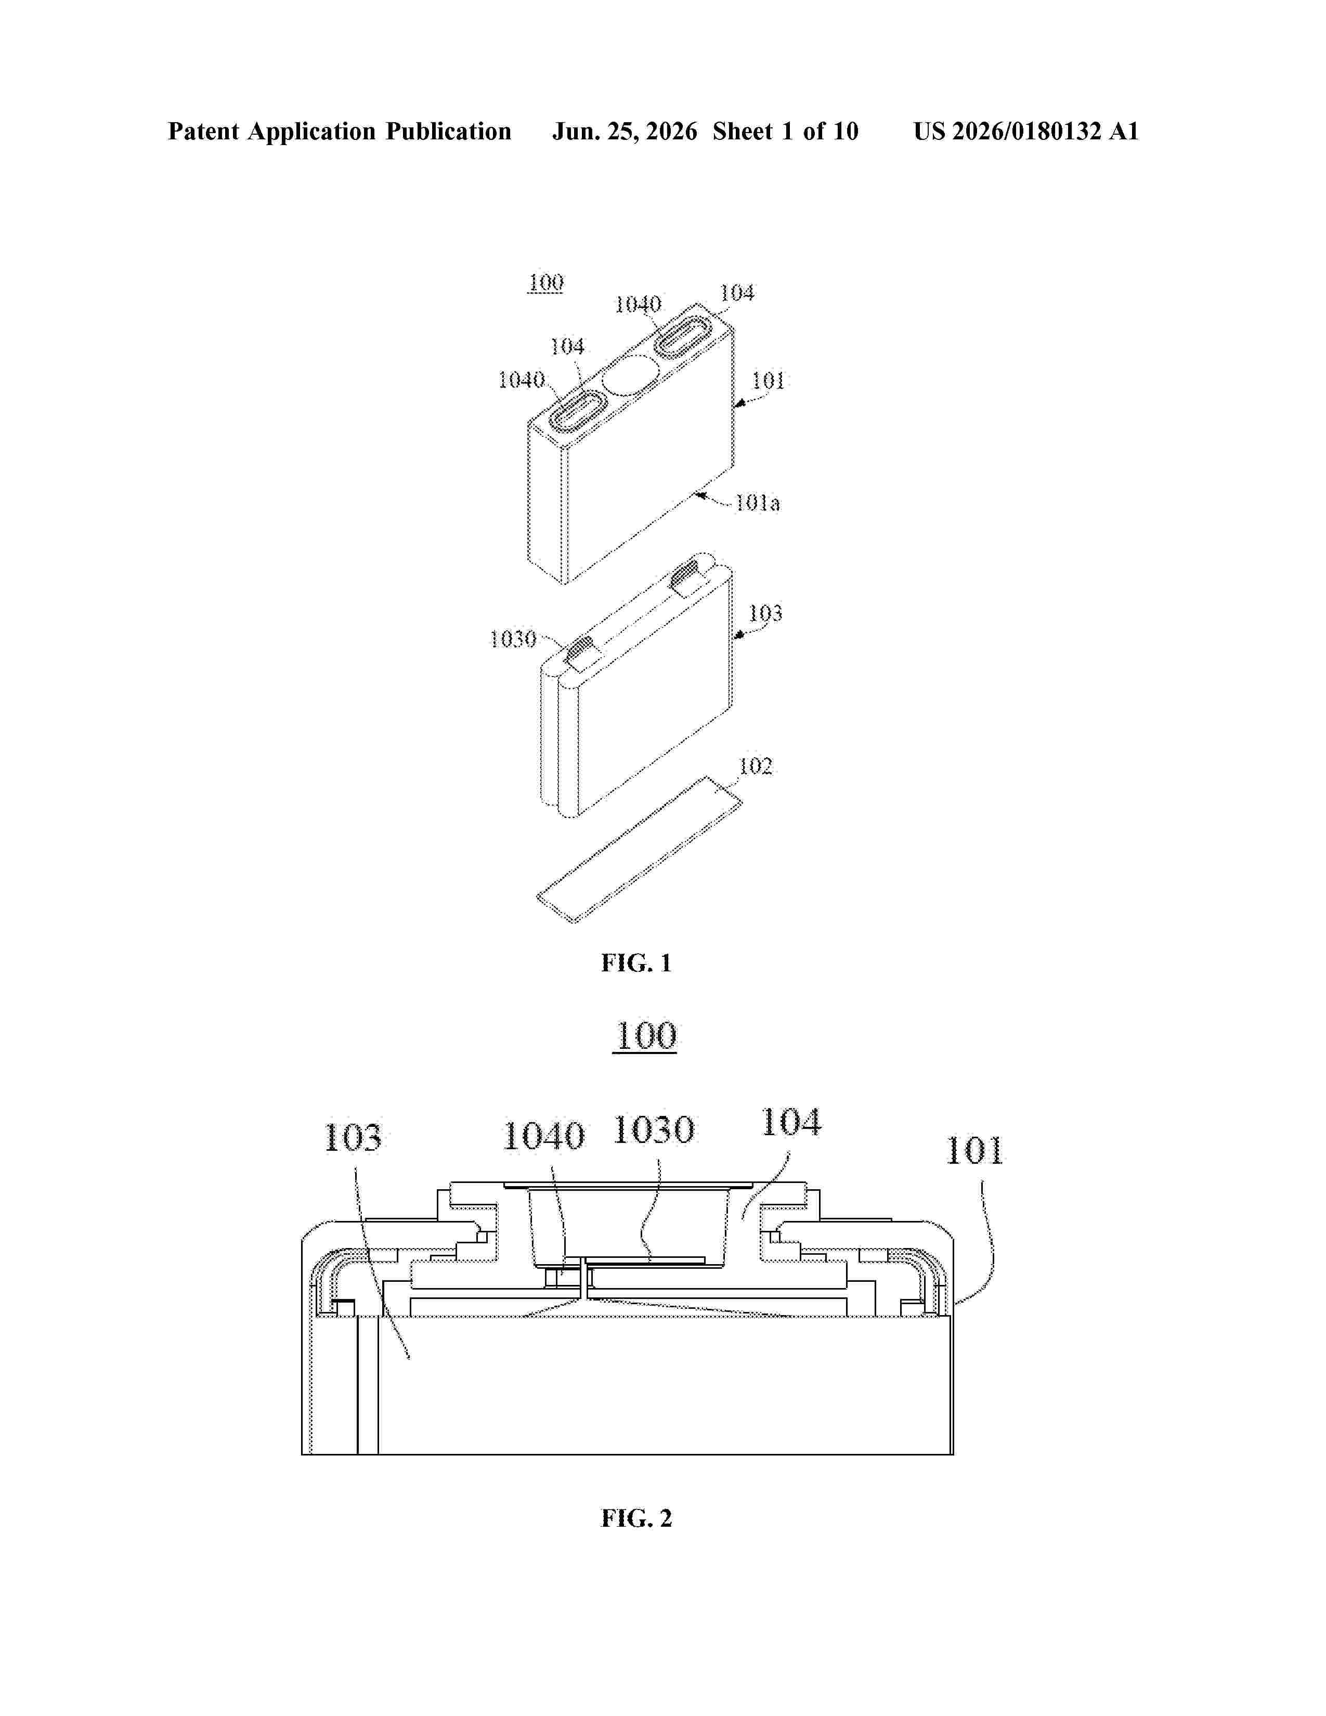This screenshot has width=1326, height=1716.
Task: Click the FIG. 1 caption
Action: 636,963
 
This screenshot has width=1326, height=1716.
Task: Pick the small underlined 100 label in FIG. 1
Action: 546,283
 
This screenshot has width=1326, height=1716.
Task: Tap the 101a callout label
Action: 757,503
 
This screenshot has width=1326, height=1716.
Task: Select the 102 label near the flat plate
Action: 756,766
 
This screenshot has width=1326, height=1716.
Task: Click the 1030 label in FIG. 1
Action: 513,639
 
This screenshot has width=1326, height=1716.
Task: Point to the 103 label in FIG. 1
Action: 765,613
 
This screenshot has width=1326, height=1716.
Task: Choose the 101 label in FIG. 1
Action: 768,381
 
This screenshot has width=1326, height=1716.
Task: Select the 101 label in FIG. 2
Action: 974,1151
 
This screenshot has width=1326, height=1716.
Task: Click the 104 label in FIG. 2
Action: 791,1122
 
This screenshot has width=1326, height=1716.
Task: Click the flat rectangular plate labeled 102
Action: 640,849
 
